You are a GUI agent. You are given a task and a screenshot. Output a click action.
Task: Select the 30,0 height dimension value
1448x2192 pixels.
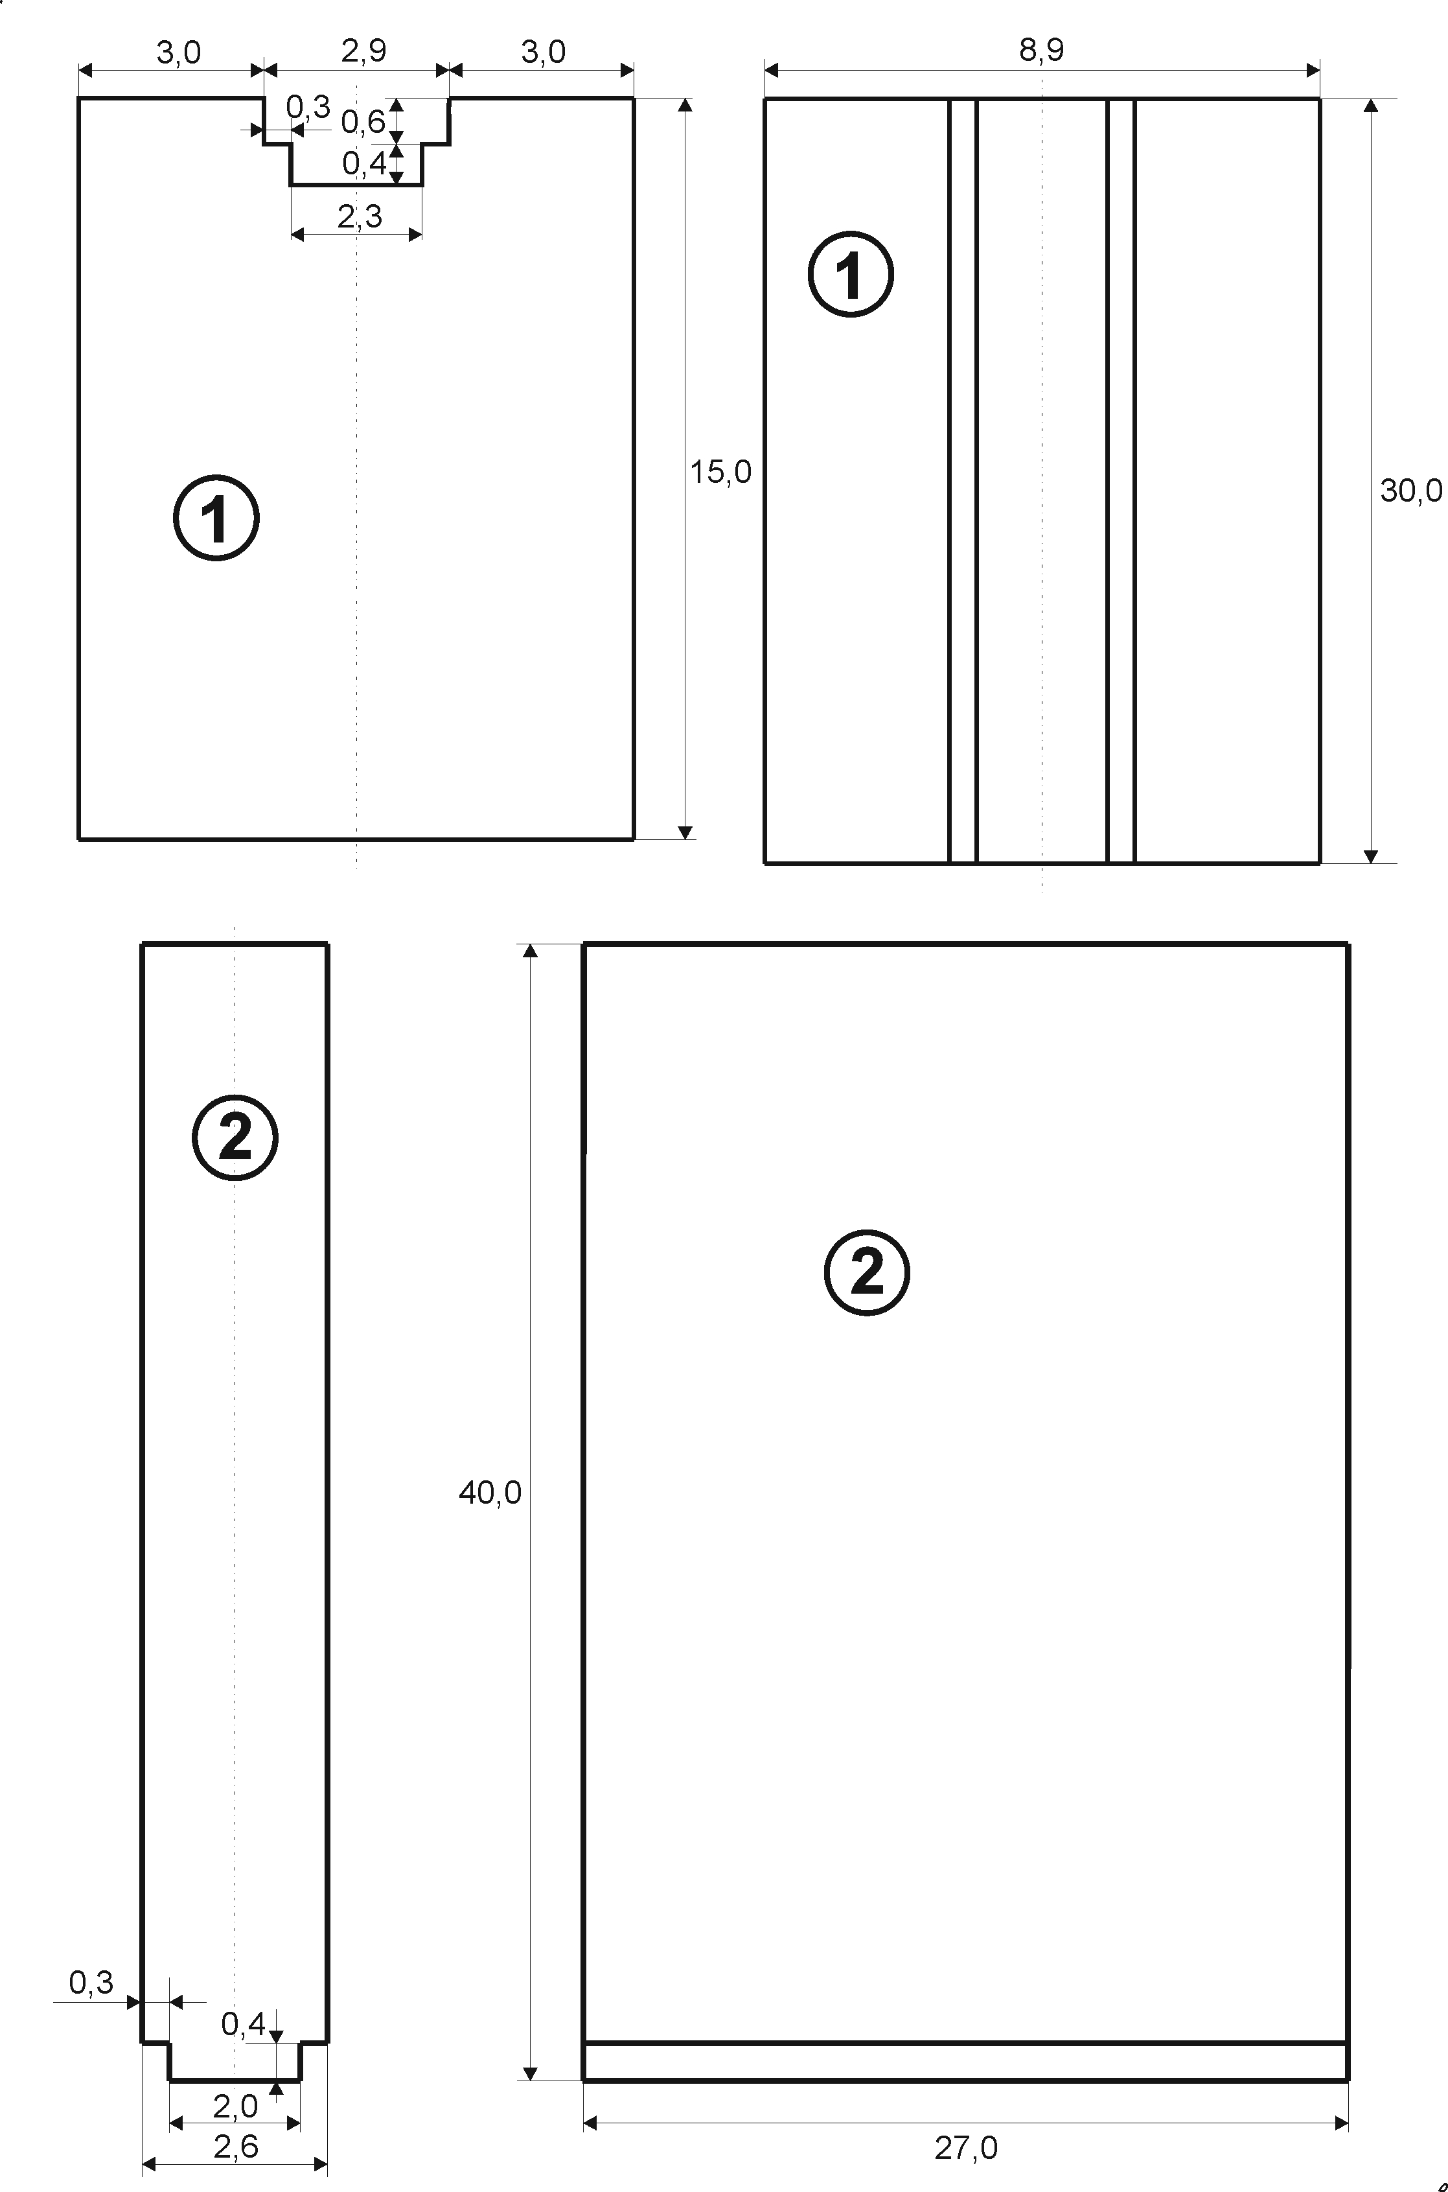[1410, 491]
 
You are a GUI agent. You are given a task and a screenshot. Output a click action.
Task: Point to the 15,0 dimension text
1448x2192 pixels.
[720, 472]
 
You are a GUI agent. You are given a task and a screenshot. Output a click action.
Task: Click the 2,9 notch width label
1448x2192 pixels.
[364, 51]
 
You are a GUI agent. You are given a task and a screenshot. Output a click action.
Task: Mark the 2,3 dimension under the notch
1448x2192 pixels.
[359, 216]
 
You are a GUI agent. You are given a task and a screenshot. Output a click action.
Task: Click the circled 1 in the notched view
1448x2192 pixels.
[216, 517]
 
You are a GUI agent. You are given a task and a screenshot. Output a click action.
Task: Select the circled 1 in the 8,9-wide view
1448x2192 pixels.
[851, 274]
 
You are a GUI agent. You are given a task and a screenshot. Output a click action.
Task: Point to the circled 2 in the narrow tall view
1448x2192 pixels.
[235, 1137]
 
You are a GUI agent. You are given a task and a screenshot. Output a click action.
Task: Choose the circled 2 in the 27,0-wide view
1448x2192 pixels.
[866, 1272]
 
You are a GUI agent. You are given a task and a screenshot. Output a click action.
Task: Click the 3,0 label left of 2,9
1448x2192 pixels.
[178, 52]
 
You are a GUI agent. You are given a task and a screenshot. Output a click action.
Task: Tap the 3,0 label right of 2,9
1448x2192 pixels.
[543, 52]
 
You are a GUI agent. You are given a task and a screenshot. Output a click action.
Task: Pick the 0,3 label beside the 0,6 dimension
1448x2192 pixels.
[308, 107]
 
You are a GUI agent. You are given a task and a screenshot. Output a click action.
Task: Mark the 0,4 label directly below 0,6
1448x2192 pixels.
[365, 163]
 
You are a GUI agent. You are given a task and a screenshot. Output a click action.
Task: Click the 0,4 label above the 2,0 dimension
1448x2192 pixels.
[244, 2024]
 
